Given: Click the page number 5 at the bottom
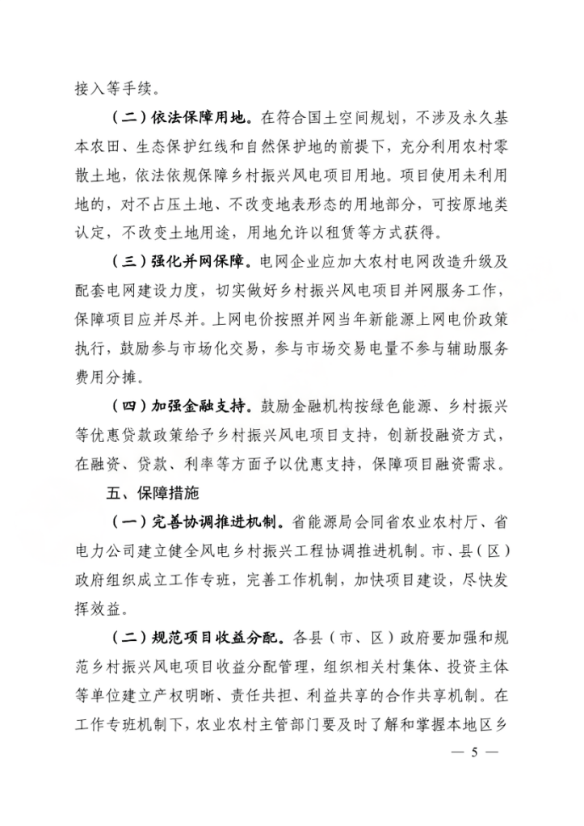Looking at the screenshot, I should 476,752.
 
